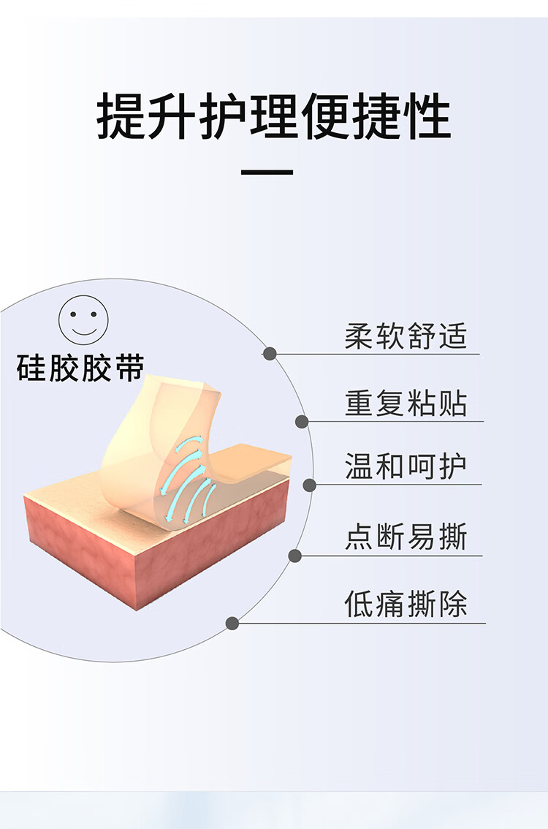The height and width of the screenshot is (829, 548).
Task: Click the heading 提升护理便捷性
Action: tap(274, 117)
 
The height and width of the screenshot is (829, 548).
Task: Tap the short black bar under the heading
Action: tap(267, 173)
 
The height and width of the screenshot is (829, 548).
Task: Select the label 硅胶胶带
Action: tap(80, 368)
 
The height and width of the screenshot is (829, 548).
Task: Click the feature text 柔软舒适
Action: tap(406, 336)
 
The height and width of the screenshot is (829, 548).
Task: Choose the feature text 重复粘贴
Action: tap(406, 403)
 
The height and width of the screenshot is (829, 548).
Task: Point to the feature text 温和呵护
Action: tap(406, 466)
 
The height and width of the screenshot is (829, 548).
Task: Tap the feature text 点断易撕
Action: tap(406, 537)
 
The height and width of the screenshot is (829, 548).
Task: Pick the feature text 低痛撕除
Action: tap(406, 605)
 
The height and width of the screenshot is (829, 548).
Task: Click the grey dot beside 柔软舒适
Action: tap(270, 354)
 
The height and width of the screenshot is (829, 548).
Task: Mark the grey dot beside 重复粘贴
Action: tap(302, 421)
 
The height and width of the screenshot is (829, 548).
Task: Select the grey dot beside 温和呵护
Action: tap(309, 485)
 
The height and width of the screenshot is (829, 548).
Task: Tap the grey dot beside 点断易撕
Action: tap(294, 556)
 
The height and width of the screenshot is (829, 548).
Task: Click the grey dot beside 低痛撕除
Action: tap(232, 624)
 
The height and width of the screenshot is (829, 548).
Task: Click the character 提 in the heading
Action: tap(121, 117)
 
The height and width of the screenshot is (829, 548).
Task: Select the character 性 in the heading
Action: tap(427, 117)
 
